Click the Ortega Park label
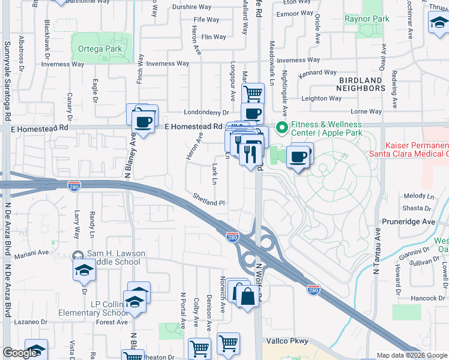[96, 49]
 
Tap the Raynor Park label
[367, 19]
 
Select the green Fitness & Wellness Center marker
[281, 128]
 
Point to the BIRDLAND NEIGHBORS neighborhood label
[361, 84]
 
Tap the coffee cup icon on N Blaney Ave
[142, 122]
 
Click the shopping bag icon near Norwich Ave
[247, 295]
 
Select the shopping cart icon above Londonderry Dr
[253, 93]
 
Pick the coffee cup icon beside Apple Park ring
[298, 157]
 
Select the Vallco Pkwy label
[286, 341]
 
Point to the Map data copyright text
[412, 355]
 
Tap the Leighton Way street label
[322, 98]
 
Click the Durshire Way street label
[192, 7]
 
